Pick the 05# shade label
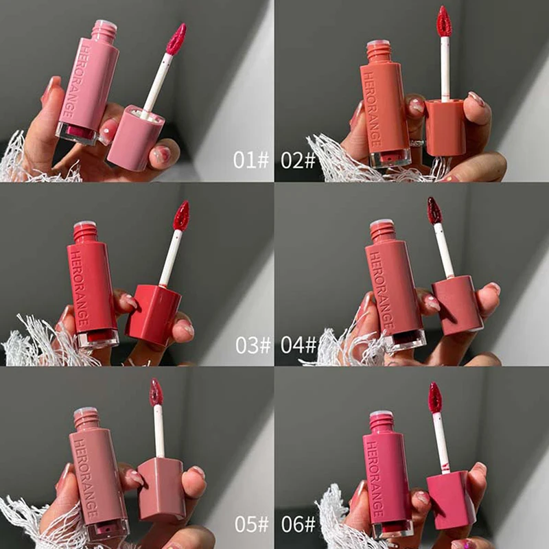pyautogui.click(x=252, y=524)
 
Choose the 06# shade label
pyautogui.click(x=298, y=524)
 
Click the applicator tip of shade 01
pyautogui.click(x=176, y=39)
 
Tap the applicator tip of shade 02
pyautogui.click(x=444, y=21)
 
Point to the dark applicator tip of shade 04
pyautogui.click(x=434, y=211)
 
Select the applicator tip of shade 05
pyautogui.click(x=156, y=392)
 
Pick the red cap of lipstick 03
pyautogui.click(x=153, y=314)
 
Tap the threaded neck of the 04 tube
pyautogui.click(x=382, y=231)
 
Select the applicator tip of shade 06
pyautogui.click(x=434, y=397)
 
